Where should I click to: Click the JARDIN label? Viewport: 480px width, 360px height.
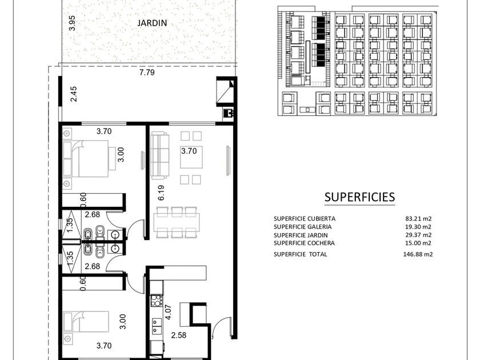click(x=152, y=23)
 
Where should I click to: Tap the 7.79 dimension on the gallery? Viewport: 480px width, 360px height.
click(x=147, y=73)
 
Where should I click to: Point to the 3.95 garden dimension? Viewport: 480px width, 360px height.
click(x=72, y=23)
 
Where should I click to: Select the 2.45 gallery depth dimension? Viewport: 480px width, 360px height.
click(x=74, y=94)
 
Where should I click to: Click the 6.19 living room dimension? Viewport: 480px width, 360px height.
click(x=161, y=193)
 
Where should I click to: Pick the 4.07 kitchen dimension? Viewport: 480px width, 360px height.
click(x=168, y=313)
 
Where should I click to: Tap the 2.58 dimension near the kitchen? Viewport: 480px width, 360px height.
click(x=178, y=335)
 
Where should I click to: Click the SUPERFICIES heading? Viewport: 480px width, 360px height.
click(x=359, y=197)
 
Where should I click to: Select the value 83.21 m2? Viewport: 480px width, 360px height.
click(x=418, y=218)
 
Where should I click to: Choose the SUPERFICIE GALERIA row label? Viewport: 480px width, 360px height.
click(x=302, y=227)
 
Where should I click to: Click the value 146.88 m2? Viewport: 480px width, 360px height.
click(x=418, y=254)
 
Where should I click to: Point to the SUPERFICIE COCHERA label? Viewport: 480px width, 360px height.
click(x=304, y=243)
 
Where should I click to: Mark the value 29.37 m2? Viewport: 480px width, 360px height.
click(x=418, y=235)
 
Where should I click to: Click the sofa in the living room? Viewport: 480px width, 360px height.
click(x=160, y=155)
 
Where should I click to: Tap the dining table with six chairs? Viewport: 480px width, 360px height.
click(x=177, y=222)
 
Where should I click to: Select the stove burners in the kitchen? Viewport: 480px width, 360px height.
click(x=157, y=300)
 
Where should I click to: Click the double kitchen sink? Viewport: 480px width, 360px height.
click(x=157, y=327)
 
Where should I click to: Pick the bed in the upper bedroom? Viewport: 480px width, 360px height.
click(x=86, y=159)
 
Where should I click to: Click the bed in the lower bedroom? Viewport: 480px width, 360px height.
click(x=86, y=322)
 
